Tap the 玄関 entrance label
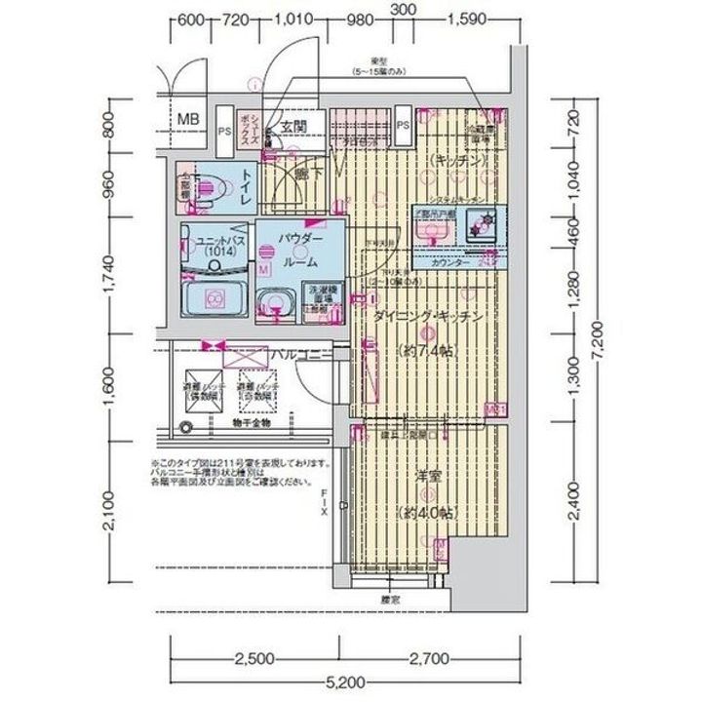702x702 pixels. coord(294,127)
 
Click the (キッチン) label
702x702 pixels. coord(454,161)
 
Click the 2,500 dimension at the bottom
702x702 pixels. coord(256,658)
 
